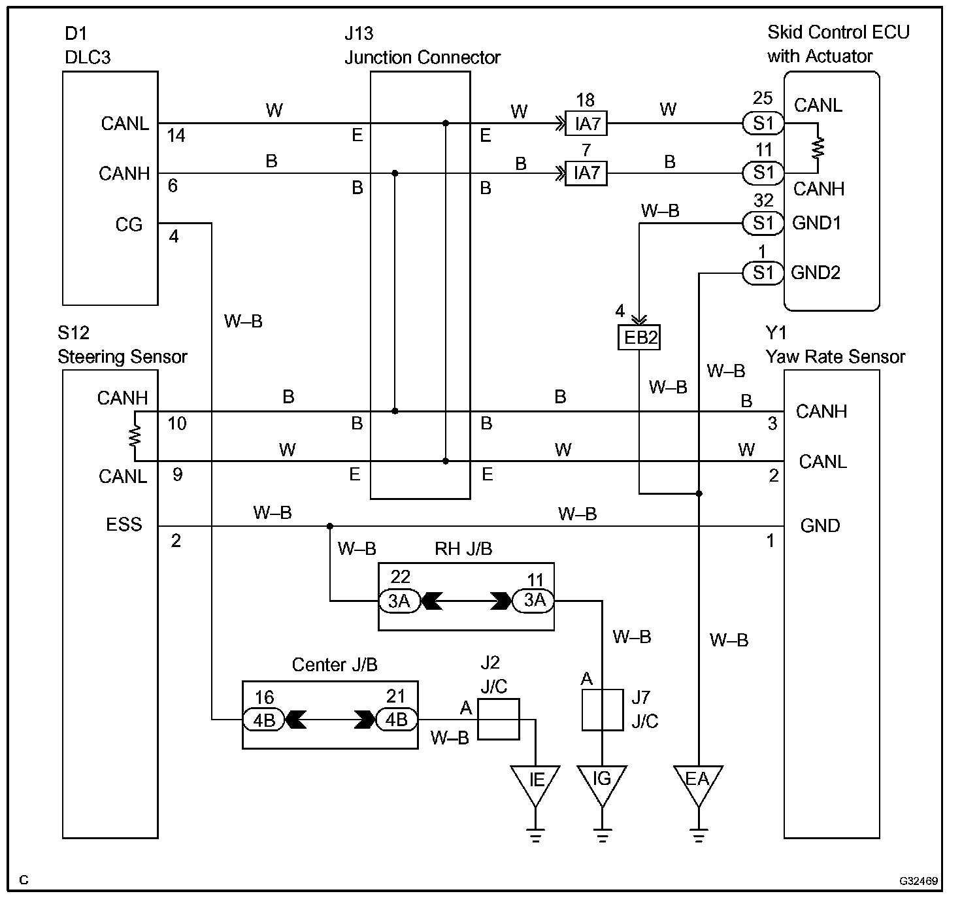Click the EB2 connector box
639,337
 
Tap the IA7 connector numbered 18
586,123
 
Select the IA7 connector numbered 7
586,173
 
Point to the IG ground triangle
602,782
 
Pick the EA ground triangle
698,782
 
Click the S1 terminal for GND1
763,224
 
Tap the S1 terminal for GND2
763,273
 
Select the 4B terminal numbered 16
264,720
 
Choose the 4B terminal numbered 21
397,720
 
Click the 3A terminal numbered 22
399,601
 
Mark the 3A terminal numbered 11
533,600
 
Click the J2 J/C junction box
498,719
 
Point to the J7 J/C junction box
602,709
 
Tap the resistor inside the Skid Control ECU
818,148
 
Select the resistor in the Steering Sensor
135,436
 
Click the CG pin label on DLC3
129,225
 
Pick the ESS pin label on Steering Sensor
124,525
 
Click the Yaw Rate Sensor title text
835,357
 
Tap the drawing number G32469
918,881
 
